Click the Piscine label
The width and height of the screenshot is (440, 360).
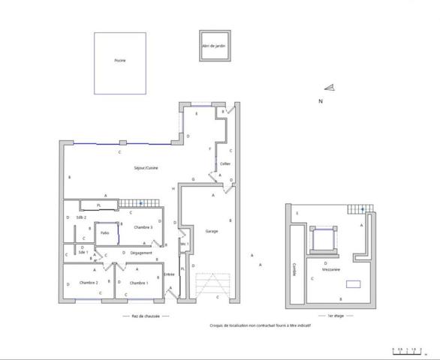point(119,60)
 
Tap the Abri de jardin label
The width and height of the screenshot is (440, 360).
point(213,46)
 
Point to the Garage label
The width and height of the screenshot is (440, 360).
point(212,231)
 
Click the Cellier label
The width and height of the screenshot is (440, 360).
point(225,163)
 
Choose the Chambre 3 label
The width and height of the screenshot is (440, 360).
point(143,227)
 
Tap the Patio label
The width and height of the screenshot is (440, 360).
point(105,233)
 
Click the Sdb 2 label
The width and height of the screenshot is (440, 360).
point(81,217)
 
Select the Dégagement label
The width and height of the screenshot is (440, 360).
point(141,253)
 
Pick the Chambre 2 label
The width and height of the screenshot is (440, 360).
point(89,283)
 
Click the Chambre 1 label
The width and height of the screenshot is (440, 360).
point(139,283)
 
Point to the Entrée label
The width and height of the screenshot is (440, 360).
point(169,274)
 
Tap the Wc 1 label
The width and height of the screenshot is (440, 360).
point(183,244)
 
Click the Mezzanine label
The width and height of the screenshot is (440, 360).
point(331,269)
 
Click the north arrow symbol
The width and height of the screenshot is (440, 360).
point(330,88)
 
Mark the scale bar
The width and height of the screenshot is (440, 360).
point(406,349)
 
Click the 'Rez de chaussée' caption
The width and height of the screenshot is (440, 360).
point(146,316)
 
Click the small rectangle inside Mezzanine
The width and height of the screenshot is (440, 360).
point(351,284)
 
